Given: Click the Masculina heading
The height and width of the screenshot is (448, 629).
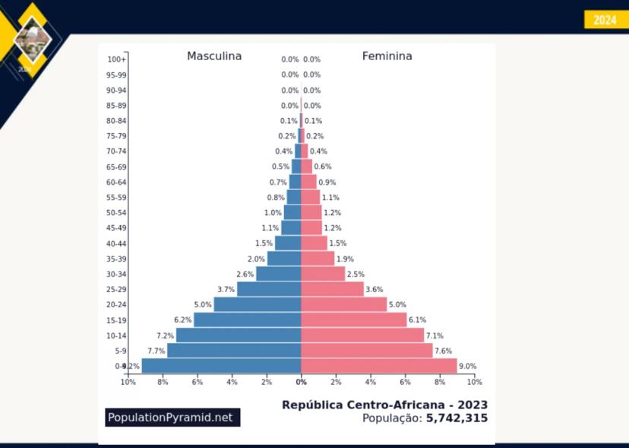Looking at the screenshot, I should click(214, 56).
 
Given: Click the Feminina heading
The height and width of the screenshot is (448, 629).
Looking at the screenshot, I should click(387, 56).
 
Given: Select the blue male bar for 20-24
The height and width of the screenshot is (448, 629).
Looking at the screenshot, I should click(258, 304).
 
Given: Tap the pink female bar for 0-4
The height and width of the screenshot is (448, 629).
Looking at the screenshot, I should click(379, 366).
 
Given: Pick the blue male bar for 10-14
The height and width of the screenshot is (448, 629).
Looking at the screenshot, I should click(239, 335).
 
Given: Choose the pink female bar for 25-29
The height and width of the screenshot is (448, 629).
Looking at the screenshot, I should click(332, 289).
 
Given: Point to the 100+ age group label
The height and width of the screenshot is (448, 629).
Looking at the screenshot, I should click(116, 59).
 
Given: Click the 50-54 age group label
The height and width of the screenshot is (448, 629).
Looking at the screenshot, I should click(116, 213).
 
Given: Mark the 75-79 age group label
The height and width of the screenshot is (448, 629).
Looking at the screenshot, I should click(116, 136).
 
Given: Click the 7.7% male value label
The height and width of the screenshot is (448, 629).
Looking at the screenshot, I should click(156, 351).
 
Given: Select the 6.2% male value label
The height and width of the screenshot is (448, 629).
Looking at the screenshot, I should click(182, 320).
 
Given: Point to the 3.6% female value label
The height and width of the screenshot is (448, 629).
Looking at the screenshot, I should click(375, 290).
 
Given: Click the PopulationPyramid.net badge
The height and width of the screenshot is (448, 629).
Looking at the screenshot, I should click(172, 417).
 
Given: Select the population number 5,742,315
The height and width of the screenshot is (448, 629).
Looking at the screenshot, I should click(457, 418).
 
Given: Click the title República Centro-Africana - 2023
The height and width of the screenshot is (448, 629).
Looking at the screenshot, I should click(384, 405).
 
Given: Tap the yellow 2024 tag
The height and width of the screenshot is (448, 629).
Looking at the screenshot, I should click(605, 20).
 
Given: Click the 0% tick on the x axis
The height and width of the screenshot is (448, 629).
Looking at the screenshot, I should click(302, 382).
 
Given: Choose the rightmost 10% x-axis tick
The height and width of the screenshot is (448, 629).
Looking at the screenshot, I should click(474, 382).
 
